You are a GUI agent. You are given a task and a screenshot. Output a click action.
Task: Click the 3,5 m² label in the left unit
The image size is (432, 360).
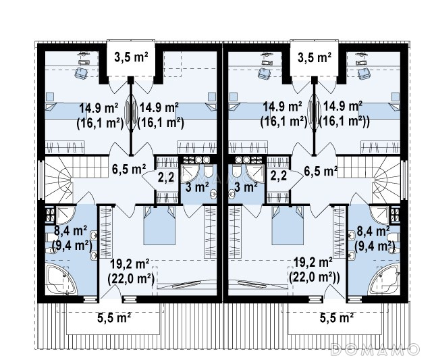131,58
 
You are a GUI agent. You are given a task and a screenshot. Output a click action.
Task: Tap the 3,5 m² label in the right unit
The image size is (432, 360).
314,58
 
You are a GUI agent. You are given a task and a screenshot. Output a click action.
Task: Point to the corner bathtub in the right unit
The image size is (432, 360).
384,279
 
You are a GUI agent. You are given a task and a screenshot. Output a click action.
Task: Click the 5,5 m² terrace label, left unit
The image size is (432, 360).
114,318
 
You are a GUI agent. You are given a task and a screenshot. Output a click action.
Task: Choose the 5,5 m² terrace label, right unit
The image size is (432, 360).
337,318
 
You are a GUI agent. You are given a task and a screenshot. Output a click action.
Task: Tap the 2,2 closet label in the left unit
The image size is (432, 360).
166,177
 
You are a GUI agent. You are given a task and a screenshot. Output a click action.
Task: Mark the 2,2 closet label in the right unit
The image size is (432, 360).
278,176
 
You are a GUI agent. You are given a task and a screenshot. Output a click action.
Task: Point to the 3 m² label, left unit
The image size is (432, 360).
197,187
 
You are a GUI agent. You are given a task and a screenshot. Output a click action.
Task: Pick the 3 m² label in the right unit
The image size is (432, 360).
246,187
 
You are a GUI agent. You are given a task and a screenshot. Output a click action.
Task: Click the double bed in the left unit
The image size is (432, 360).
159,225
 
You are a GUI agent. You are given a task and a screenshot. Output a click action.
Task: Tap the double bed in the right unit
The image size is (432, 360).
288,225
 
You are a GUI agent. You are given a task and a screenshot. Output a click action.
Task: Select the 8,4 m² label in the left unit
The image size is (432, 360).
70,231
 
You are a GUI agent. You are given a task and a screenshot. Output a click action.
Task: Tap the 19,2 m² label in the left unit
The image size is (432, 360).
130,264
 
